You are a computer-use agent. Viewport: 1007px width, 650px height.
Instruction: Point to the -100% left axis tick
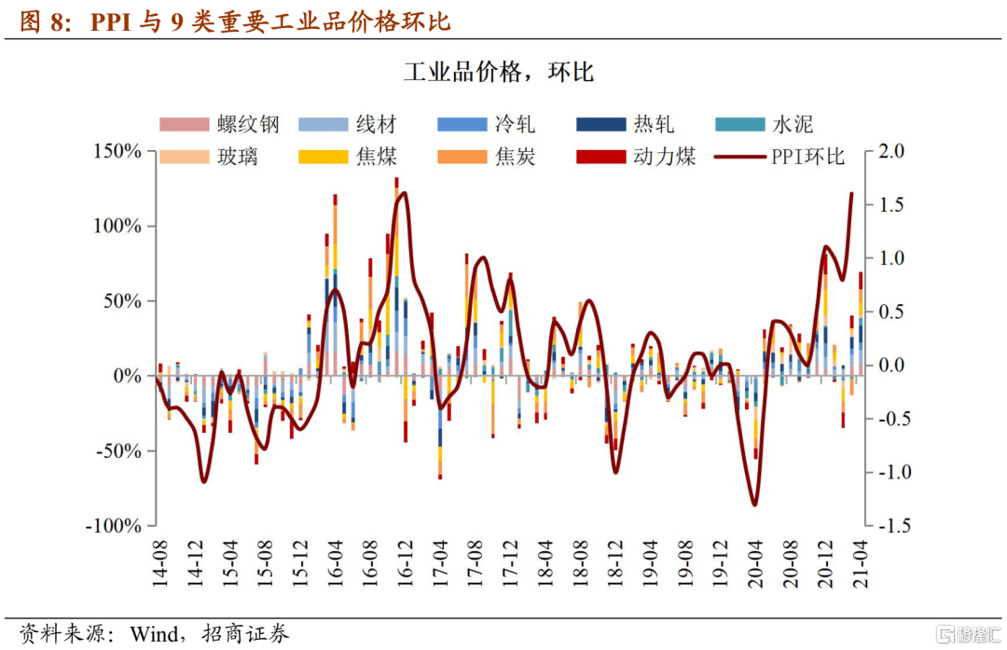[113, 526]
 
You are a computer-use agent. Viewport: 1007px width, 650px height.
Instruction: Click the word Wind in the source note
[149, 634]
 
